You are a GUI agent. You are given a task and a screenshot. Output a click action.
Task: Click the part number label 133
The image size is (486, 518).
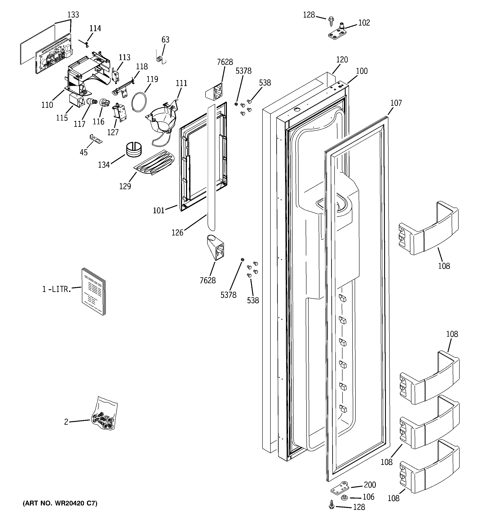coord(73,15)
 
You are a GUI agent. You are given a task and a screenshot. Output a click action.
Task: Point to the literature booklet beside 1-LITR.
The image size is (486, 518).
coord(94,291)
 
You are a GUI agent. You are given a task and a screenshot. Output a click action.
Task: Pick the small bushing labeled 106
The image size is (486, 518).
coord(345,497)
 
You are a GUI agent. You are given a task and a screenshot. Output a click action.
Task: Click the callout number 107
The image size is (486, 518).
coord(396,103)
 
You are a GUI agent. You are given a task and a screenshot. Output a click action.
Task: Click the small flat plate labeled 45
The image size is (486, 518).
coord(96,139)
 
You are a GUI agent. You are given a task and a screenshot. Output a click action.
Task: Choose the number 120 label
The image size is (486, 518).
coord(342,60)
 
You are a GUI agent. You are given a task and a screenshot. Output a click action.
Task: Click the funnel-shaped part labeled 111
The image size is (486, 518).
coord(160,122)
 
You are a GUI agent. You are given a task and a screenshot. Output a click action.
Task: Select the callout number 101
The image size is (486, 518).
coord(159,210)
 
